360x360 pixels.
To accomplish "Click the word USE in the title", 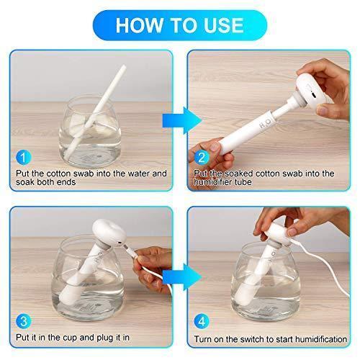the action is point(223,25).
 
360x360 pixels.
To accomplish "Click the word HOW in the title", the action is point(139,25).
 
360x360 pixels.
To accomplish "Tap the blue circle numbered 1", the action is point(24,158).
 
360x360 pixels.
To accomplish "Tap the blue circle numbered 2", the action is point(202,158).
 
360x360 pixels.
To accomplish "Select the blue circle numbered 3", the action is point(24,321).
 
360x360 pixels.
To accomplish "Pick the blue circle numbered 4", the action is point(202,321).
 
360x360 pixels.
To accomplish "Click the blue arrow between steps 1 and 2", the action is point(182,121).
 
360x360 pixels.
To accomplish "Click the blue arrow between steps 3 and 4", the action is point(182,277).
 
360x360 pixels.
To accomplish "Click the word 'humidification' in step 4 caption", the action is point(321,339).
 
